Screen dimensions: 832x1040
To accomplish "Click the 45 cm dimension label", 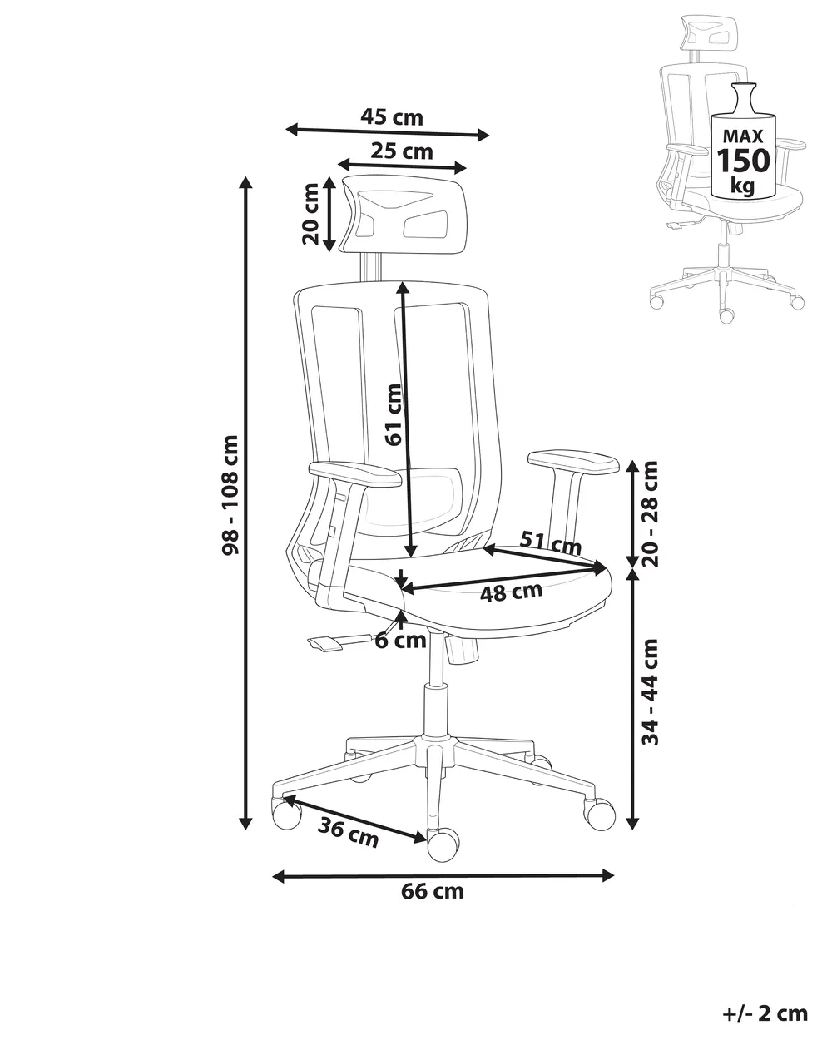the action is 391,117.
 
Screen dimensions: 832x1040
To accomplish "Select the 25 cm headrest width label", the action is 402,151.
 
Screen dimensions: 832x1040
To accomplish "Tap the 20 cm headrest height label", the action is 310,214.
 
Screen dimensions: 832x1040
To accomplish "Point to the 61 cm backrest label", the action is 394,414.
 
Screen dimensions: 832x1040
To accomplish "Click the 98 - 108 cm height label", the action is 230,495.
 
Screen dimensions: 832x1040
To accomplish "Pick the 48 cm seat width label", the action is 511,592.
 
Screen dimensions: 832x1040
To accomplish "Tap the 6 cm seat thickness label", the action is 401,641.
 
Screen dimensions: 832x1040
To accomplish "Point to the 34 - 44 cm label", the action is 650,692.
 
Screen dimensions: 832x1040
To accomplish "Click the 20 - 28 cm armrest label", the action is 650,513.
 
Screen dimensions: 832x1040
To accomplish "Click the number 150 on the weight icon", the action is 743,161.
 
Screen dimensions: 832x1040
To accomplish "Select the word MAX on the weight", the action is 743,136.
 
